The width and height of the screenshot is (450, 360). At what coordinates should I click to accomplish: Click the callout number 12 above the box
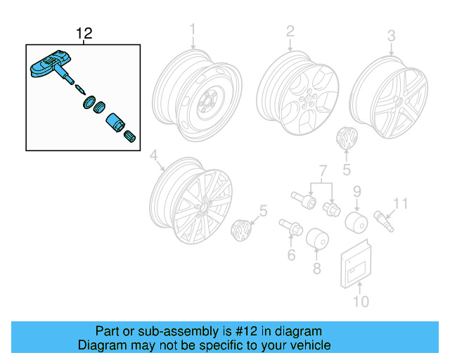(x=84, y=33)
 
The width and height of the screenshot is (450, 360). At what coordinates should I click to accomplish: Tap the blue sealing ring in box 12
(x=88, y=104)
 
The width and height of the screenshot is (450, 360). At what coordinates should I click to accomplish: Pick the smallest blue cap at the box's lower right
(x=129, y=136)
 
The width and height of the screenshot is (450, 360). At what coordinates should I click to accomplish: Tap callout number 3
(x=391, y=34)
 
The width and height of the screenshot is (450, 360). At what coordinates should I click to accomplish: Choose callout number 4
(x=154, y=156)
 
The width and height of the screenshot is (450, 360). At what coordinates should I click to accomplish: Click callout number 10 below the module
(x=359, y=302)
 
